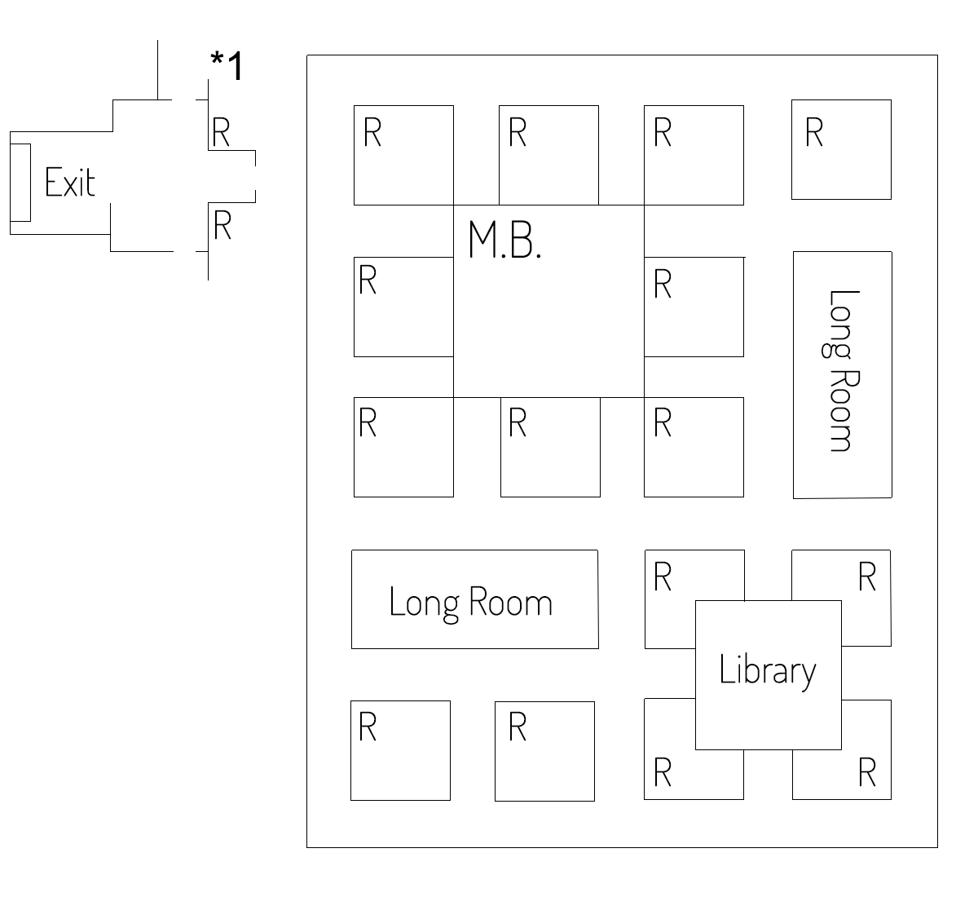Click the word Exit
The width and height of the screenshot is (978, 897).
coord(70,182)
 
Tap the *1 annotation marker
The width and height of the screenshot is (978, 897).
coord(227,65)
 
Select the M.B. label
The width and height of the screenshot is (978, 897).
coord(504,239)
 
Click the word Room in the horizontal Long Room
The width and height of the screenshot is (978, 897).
coord(510,602)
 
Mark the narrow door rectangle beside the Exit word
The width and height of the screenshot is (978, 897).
coord(20,183)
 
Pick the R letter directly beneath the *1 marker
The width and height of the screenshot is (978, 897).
coord(221,132)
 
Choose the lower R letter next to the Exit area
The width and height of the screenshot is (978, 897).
coord(222,225)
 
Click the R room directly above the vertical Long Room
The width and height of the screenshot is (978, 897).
coord(841,150)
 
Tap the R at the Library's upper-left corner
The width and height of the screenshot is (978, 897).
coord(663,577)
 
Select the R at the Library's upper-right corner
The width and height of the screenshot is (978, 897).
coord(867,577)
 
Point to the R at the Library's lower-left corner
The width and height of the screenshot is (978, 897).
coord(663,772)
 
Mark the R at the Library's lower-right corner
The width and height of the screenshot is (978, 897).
coord(867,772)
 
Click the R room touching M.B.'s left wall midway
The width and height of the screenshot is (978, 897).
coord(403,307)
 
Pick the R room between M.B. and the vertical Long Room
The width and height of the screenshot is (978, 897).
coord(694,307)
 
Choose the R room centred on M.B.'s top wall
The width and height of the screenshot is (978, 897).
coord(548,155)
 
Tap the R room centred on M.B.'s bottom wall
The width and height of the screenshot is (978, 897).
coord(550,447)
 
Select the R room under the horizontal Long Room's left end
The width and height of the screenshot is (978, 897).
coord(400,750)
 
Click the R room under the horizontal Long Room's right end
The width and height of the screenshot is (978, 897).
coord(544,752)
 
